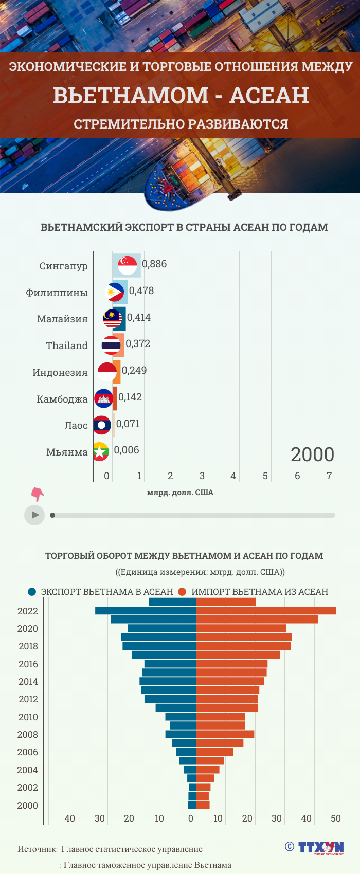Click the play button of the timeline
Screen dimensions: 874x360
pos(34,515)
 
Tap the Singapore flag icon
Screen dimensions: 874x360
pos(127,265)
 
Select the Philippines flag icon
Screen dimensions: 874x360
pos(115,292)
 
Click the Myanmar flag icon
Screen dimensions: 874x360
pos(100,452)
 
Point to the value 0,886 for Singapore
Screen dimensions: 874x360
pos(154,264)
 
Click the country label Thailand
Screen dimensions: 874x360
pos(67,345)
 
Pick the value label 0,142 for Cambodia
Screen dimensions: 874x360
pos(130,397)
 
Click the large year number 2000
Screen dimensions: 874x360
pos(312,454)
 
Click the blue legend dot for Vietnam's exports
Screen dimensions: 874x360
pos(32,592)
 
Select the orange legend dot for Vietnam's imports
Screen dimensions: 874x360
pos(182,592)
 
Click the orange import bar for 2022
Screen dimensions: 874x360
pos(266,611)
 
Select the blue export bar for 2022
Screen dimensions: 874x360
pos(146,611)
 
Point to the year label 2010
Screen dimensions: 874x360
pos(28,717)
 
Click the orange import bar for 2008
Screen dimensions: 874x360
pos(225,734)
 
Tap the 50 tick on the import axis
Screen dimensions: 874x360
pos(336,818)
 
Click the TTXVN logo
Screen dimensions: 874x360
pos(315,847)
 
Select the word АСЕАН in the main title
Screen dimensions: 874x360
pos(269,96)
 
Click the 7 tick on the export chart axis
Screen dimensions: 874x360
pos(329,476)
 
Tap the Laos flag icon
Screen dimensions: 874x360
pos(102,425)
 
